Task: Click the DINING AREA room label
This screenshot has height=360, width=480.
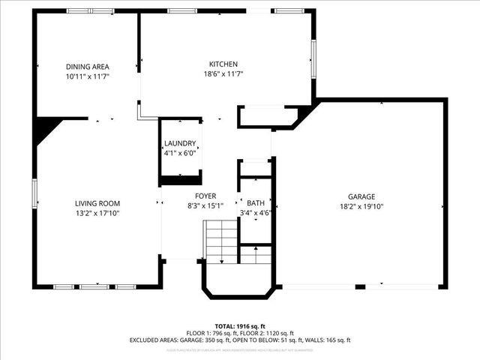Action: pos(87,67)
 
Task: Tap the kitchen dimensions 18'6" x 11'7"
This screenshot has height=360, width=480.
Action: pos(223,73)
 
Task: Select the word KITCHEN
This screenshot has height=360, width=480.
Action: pos(223,64)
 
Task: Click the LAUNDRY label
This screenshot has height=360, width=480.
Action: pos(180,143)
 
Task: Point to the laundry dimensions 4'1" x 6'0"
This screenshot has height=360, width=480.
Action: pos(180,152)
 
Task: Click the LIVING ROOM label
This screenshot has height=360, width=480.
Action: pos(97,203)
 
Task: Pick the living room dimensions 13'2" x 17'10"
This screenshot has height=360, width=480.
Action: pos(97,213)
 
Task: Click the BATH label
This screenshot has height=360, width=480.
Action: pos(256,202)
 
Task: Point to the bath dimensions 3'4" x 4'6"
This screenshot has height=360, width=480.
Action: pos(256,212)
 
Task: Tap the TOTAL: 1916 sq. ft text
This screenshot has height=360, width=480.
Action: pos(239,326)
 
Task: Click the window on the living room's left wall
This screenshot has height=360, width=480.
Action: pos(34,193)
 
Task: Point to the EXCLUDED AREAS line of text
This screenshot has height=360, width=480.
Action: pos(239,340)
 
